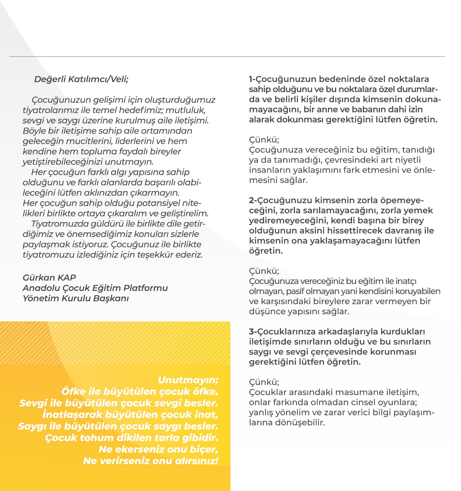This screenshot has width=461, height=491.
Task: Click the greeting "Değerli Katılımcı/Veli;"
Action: tap(81, 79)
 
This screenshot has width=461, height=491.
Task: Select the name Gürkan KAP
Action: tap(49, 277)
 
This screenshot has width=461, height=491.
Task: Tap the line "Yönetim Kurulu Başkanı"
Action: tap(75, 298)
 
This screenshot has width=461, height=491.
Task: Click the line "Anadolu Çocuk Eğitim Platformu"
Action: tap(95, 288)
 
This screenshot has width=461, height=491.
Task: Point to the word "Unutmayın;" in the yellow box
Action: tap(188, 380)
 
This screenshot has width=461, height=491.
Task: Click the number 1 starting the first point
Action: tap(251, 79)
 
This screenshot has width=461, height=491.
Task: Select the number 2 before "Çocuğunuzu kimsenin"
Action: tap(252, 200)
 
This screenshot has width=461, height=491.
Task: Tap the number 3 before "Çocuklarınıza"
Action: tap(252, 332)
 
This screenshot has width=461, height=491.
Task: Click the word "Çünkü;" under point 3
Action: tap(264, 382)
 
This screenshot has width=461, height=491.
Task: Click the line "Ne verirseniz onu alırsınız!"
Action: tap(150, 461)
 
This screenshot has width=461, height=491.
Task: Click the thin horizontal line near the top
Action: tap(227, 56)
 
